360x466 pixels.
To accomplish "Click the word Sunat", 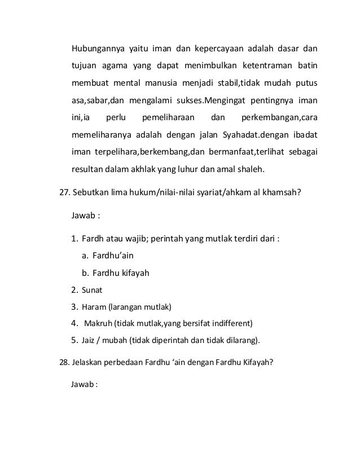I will pos(91,291).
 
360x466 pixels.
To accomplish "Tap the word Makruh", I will pos(97,324).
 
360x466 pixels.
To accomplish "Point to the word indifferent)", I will pos(232,324).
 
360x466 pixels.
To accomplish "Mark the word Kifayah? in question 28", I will pos(258,362).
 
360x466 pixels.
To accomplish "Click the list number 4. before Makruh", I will pos(74,324).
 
